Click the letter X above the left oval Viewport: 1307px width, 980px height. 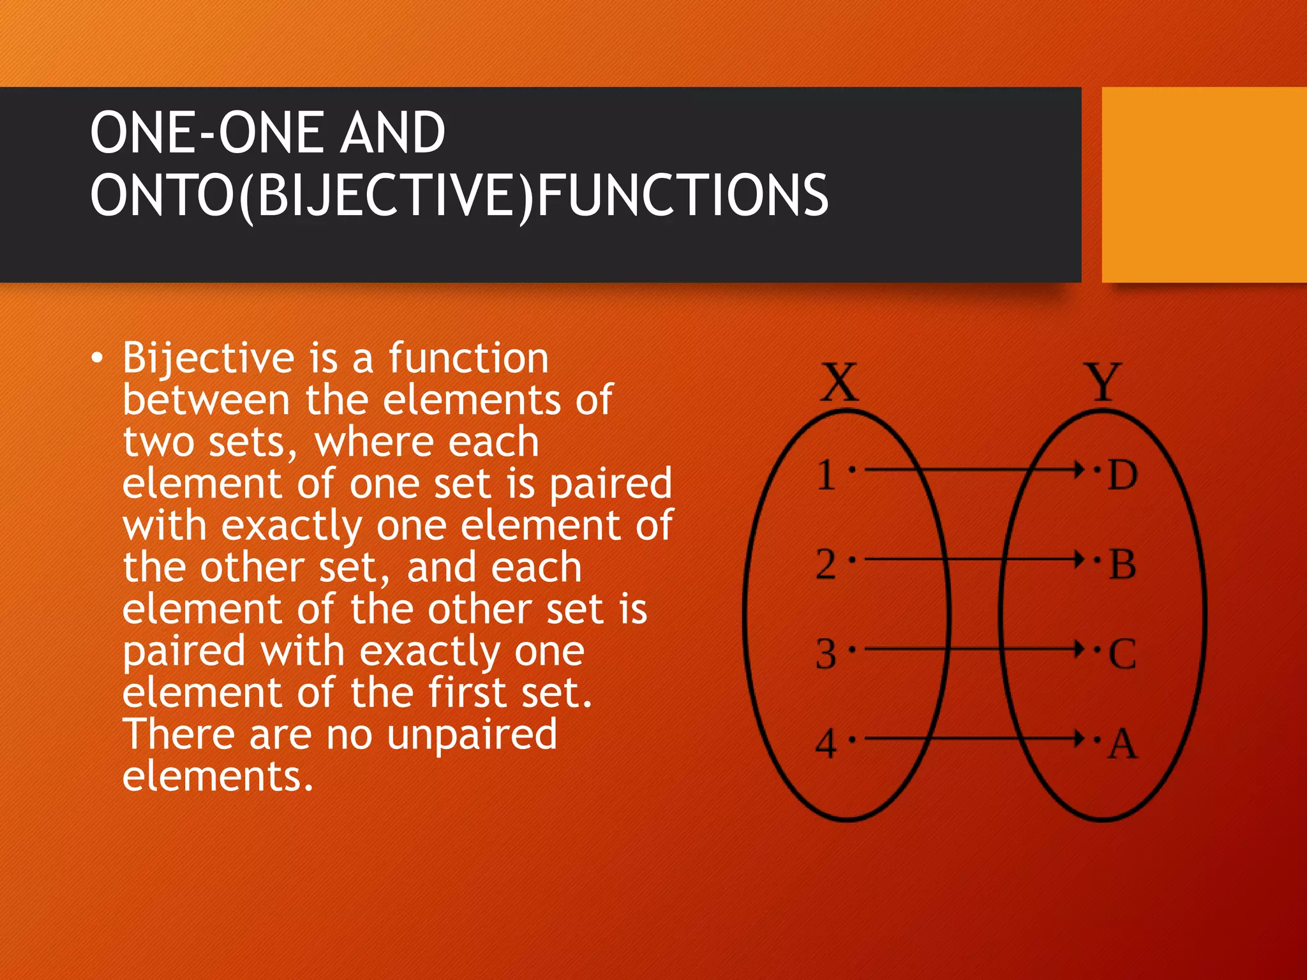839,382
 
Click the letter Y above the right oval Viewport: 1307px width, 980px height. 1103,382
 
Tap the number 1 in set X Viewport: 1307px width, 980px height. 826,475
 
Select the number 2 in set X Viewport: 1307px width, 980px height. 826,565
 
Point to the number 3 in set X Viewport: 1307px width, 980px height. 826,654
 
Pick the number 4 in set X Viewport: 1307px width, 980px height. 826,744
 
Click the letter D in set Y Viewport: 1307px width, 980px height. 1123,475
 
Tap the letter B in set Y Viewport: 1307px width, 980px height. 1123,565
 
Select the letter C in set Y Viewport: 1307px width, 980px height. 1123,654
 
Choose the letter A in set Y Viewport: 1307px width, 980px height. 1123,744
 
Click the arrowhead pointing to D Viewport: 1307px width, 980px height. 1079,470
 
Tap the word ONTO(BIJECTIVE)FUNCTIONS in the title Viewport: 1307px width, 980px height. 459,195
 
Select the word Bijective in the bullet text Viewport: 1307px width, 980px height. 208,359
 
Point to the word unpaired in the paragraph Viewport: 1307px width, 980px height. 472,735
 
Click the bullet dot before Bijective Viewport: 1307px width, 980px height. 96,359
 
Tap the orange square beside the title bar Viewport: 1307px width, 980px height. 1204,185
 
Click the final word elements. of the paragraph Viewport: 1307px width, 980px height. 218,776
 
